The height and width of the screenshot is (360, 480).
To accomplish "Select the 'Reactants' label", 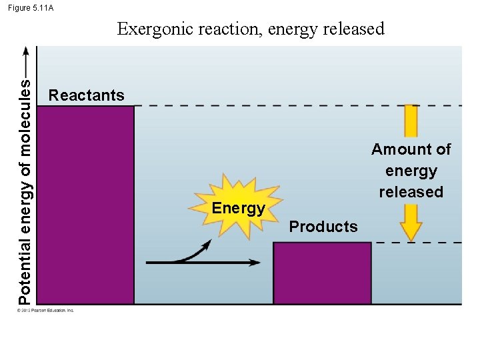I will (x=87, y=95).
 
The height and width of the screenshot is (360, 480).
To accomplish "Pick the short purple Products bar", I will (x=322, y=273).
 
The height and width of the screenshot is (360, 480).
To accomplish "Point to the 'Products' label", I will (x=323, y=227).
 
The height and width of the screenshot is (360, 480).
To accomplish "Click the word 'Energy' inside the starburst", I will (x=238, y=208).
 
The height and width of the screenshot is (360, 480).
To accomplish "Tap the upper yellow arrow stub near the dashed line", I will (x=411, y=121).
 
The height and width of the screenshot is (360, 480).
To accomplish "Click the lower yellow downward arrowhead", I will (x=412, y=231).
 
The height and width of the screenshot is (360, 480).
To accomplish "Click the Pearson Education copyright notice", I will (x=47, y=310).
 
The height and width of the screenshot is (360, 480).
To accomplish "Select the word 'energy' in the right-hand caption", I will (x=411, y=171).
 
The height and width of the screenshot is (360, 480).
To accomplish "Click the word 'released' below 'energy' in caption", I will (x=411, y=192).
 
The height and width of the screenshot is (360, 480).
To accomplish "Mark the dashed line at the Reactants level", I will (x=267, y=105).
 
